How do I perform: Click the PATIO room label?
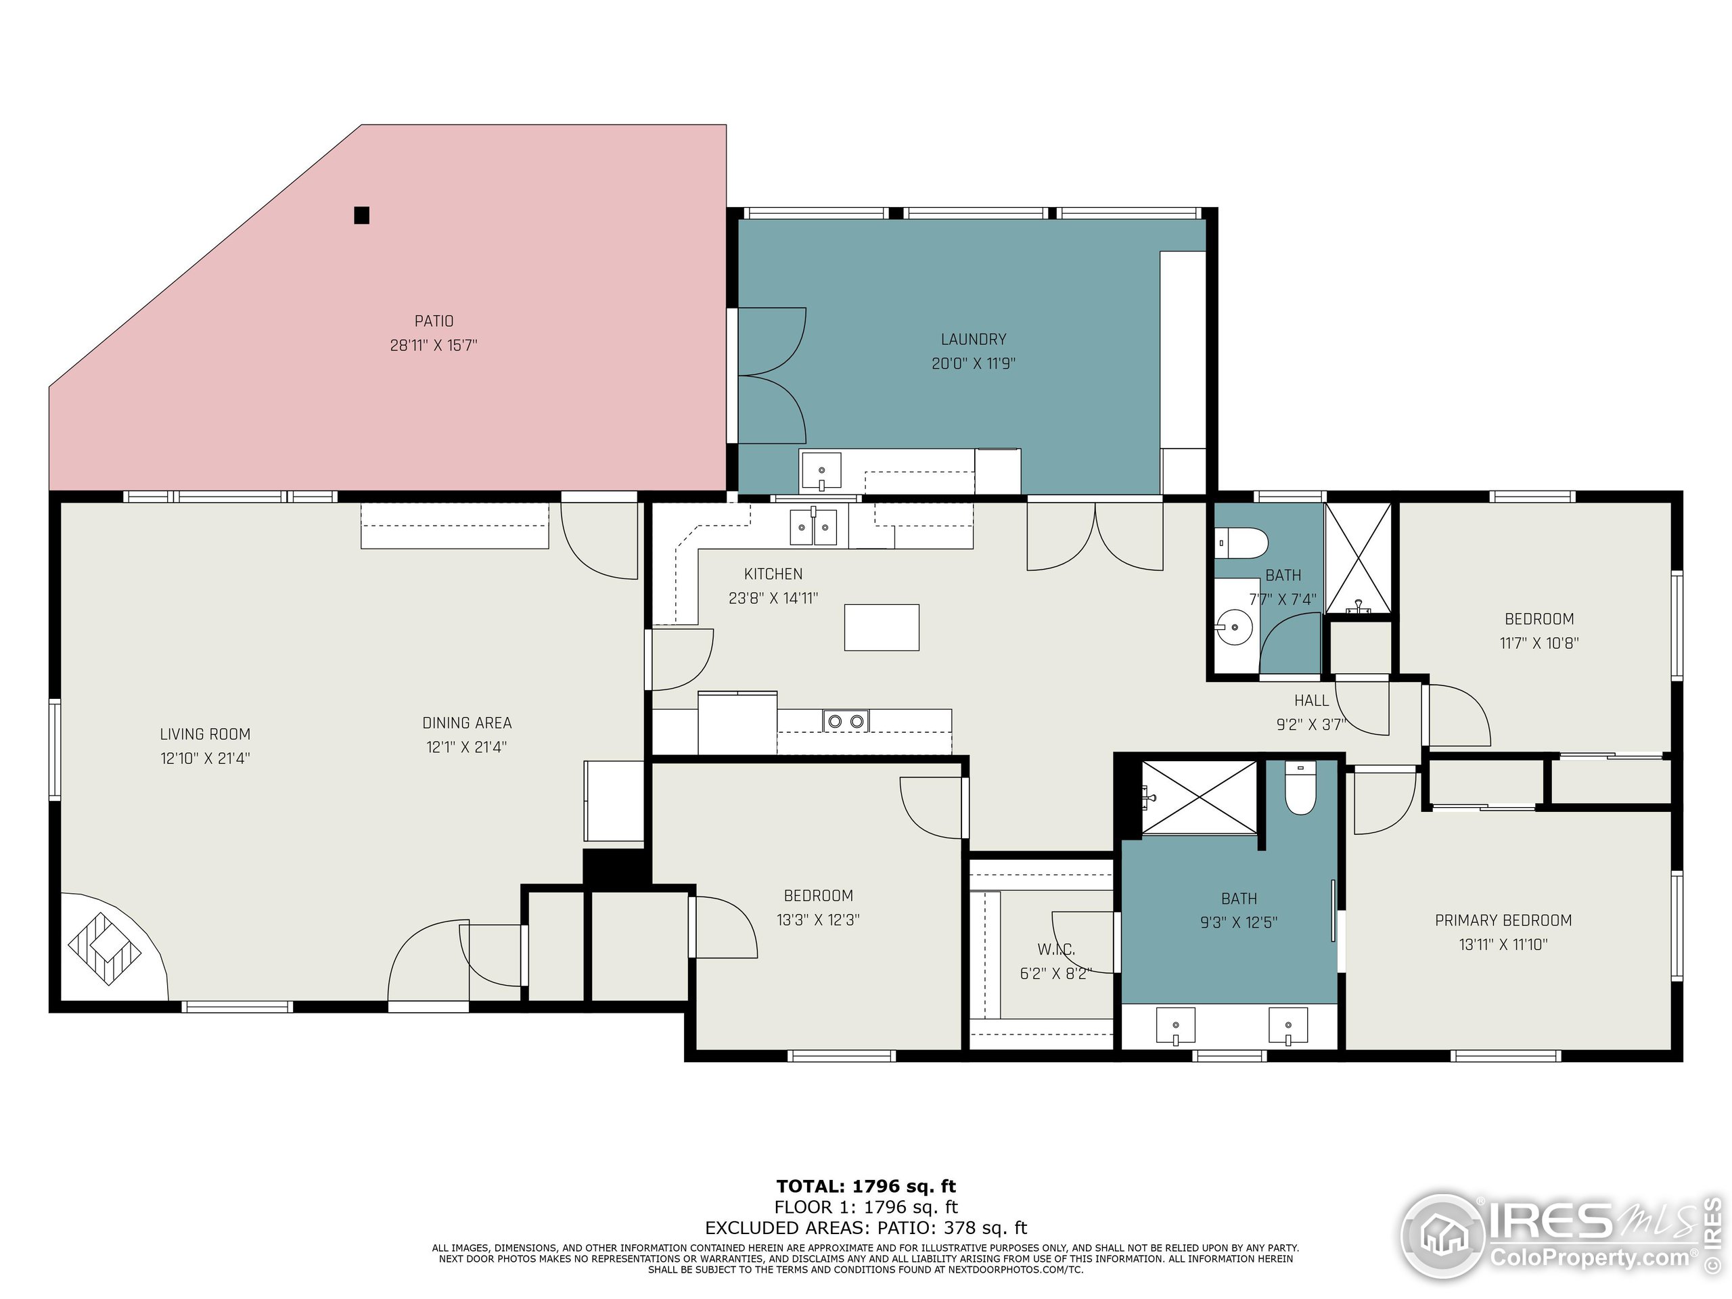pos(434,321)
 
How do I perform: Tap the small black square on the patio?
pos(361,214)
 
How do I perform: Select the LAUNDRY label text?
pos(974,339)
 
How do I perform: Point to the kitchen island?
pos(882,627)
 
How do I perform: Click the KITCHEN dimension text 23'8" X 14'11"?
pos(773,598)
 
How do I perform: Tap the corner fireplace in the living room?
pos(106,947)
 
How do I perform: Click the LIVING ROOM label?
pos(205,735)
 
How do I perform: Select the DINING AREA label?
pos(467,723)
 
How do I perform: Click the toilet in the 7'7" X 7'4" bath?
pos(1242,543)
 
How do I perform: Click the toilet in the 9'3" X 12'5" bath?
pos(1300,788)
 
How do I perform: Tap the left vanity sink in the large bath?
pos(1175,1026)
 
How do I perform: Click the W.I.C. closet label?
pos(1055,950)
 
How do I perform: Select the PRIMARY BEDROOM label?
pos(1503,921)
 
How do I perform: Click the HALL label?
pos(1312,701)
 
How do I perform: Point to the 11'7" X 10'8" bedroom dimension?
pos(1539,643)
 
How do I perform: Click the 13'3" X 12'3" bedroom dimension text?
pos(818,920)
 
